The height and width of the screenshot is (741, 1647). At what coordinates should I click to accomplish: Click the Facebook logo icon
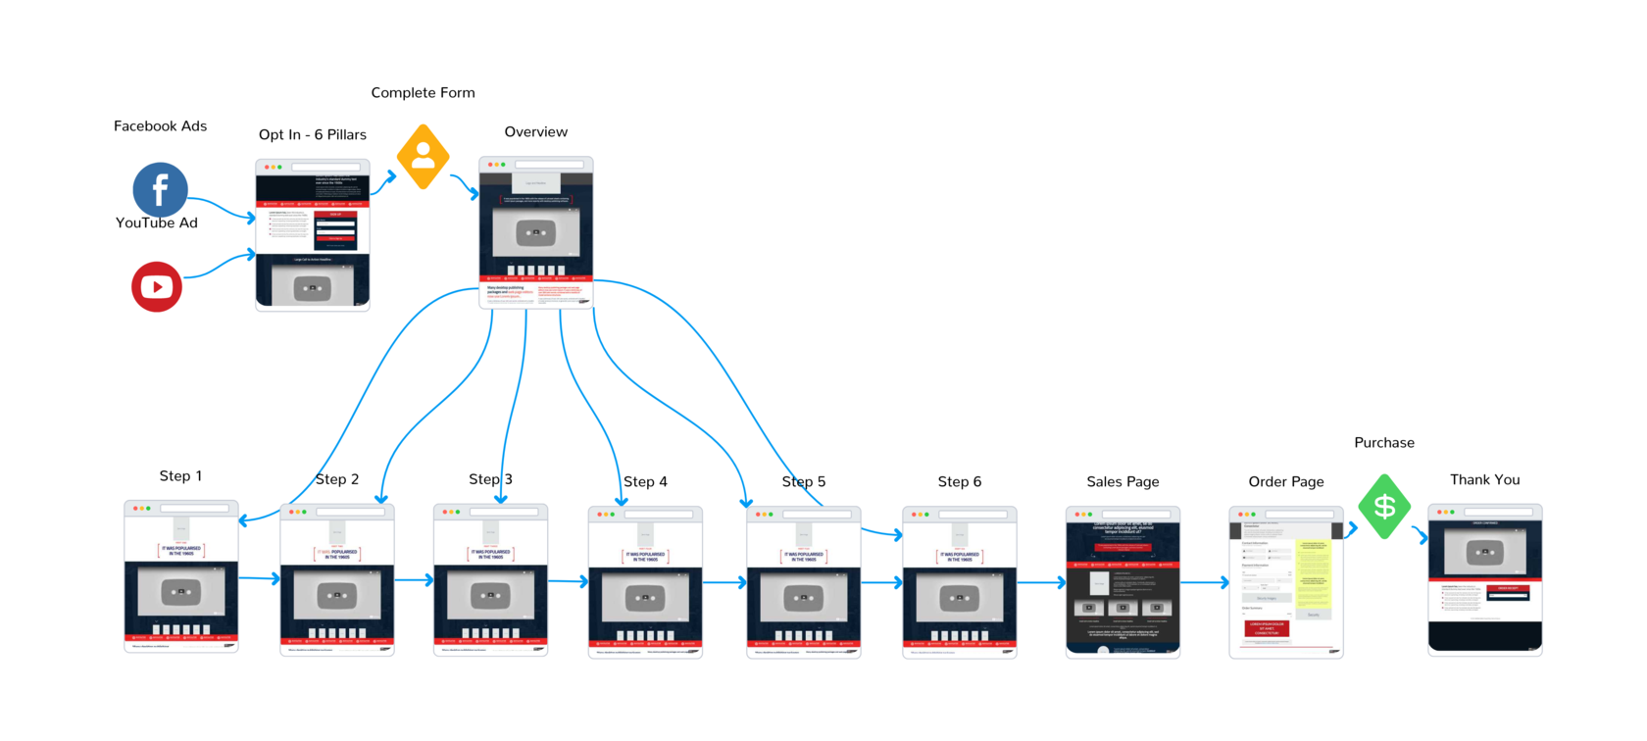click(160, 189)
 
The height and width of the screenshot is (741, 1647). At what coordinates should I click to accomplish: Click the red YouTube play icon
click(157, 286)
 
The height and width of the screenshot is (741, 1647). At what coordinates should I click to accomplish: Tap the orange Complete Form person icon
click(424, 156)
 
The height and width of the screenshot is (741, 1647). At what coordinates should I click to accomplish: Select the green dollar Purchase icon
click(1384, 506)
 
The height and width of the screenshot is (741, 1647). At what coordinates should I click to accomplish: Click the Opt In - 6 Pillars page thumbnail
click(313, 235)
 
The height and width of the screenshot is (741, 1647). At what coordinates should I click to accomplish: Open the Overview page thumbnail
click(536, 233)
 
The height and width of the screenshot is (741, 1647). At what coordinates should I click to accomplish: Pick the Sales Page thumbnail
click(1123, 582)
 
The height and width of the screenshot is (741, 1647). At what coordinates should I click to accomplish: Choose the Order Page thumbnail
click(1285, 582)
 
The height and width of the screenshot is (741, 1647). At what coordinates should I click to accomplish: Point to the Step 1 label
click(180, 476)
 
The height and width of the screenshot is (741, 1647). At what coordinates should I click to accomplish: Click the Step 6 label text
click(959, 482)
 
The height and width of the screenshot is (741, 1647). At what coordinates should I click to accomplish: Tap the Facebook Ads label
click(160, 126)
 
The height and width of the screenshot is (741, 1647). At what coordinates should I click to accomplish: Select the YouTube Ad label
click(157, 223)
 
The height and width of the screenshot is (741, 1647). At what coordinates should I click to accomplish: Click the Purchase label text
click(1383, 443)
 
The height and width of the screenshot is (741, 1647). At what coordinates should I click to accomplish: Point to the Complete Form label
click(423, 93)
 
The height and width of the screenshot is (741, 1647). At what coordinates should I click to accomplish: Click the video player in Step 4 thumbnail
click(645, 598)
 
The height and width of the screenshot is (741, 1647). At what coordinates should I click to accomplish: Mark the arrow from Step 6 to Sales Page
click(1041, 583)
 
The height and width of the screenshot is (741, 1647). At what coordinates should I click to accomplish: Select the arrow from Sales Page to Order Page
click(1205, 583)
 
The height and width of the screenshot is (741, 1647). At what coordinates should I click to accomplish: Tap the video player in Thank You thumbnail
click(1484, 552)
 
